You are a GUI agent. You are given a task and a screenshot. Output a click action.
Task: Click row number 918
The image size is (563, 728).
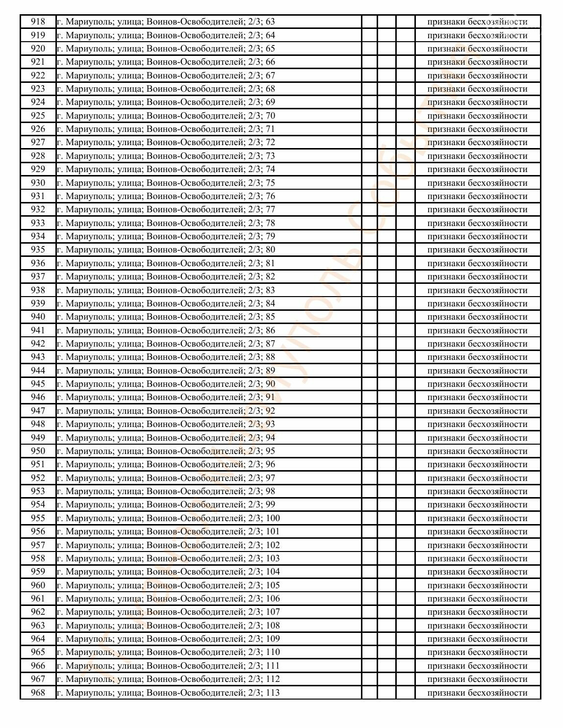pyautogui.click(x=38, y=22)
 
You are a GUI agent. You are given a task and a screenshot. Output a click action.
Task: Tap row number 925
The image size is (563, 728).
pyautogui.click(x=38, y=116)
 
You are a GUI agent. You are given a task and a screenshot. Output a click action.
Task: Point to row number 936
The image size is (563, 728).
pyautogui.click(x=38, y=263)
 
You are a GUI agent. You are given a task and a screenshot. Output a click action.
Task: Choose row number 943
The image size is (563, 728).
pyautogui.click(x=38, y=357)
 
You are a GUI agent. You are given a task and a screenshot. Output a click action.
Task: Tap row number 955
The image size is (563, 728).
pyautogui.click(x=38, y=518)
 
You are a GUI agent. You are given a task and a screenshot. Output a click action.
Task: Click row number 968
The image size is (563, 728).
pyautogui.click(x=38, y=692)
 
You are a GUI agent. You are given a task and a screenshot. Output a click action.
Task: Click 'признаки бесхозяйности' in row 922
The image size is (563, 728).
pyautogui.click(x=477, y=75)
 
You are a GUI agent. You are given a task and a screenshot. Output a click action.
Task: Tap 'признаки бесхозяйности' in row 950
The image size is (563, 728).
pyautogui.click(x=477, y=451)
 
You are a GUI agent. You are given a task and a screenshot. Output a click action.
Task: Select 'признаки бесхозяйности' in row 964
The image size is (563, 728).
pyautogui.click(x=477, y=639)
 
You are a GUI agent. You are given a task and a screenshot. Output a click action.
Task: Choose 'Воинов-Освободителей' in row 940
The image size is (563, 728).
pyautogui.click(x=195, y=317)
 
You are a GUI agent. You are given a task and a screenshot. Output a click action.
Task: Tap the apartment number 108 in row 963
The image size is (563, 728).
pyautogui.click(x=273, y=626)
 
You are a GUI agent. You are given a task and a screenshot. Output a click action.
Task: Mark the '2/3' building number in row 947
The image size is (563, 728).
pyautogui.click(x=255, y=411)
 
